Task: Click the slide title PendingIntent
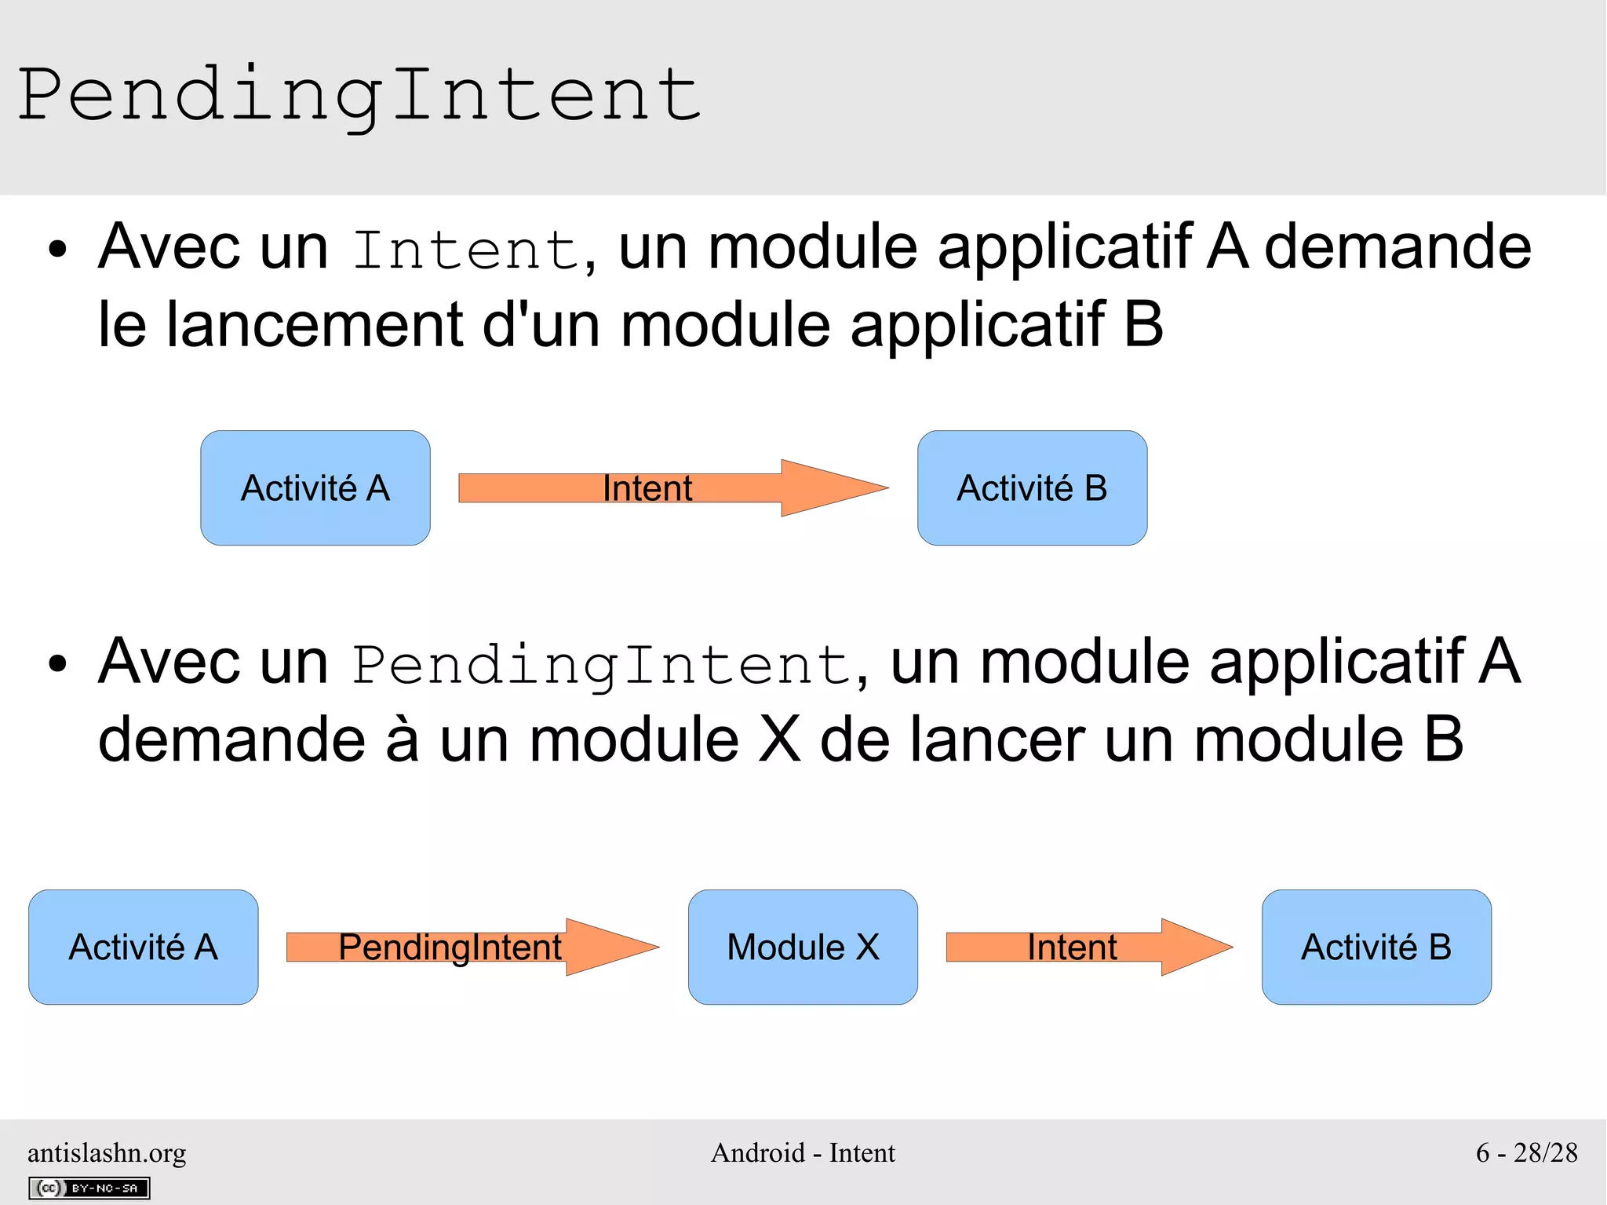(359, 96)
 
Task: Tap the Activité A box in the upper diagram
(315, 487)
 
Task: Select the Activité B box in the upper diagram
(1032, 487)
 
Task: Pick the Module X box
(803, 947)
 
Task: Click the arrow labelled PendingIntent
(471, 947)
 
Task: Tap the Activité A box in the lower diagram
(144, 947)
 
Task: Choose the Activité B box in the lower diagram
(1376, 947)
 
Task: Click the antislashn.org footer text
(107, 1152)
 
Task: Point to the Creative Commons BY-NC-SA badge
(89, 1188)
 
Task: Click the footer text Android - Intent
(803, 1152)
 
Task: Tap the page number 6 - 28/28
(1526, 1152)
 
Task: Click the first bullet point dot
(57, 250)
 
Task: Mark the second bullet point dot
(57, 664)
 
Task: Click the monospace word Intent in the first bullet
(466, 250)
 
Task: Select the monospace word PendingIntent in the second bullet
(601, 665)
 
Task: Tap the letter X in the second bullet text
(779, 739)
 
